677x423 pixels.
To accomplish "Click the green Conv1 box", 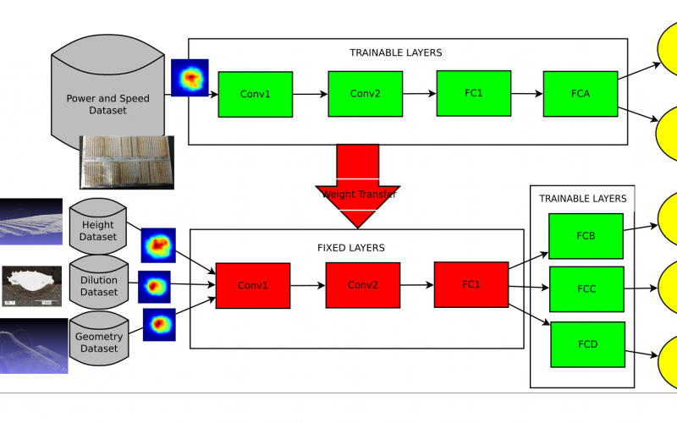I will click(256, 94).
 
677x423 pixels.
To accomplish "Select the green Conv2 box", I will click(365, 93).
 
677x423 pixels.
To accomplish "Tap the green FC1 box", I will click(472, 92).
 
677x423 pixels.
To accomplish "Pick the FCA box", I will click(580, 94).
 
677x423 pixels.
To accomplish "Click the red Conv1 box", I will click(253, 285).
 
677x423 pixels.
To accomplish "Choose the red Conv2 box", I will click(362, 284).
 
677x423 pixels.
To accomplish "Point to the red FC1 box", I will click(471, 284).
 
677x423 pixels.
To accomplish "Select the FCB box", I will click(586, 236).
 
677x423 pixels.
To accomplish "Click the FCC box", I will click(586, 289).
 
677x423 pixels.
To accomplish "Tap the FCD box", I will click(587, 344).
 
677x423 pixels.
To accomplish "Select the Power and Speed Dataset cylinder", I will click(107, 93).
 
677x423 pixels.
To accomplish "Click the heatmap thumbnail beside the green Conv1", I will click(190, 77).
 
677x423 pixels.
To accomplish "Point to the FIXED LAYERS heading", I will click(350, 248).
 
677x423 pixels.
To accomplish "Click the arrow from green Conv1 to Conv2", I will click(310, 94).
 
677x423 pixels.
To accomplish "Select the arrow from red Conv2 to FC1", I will click(416, 285).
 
